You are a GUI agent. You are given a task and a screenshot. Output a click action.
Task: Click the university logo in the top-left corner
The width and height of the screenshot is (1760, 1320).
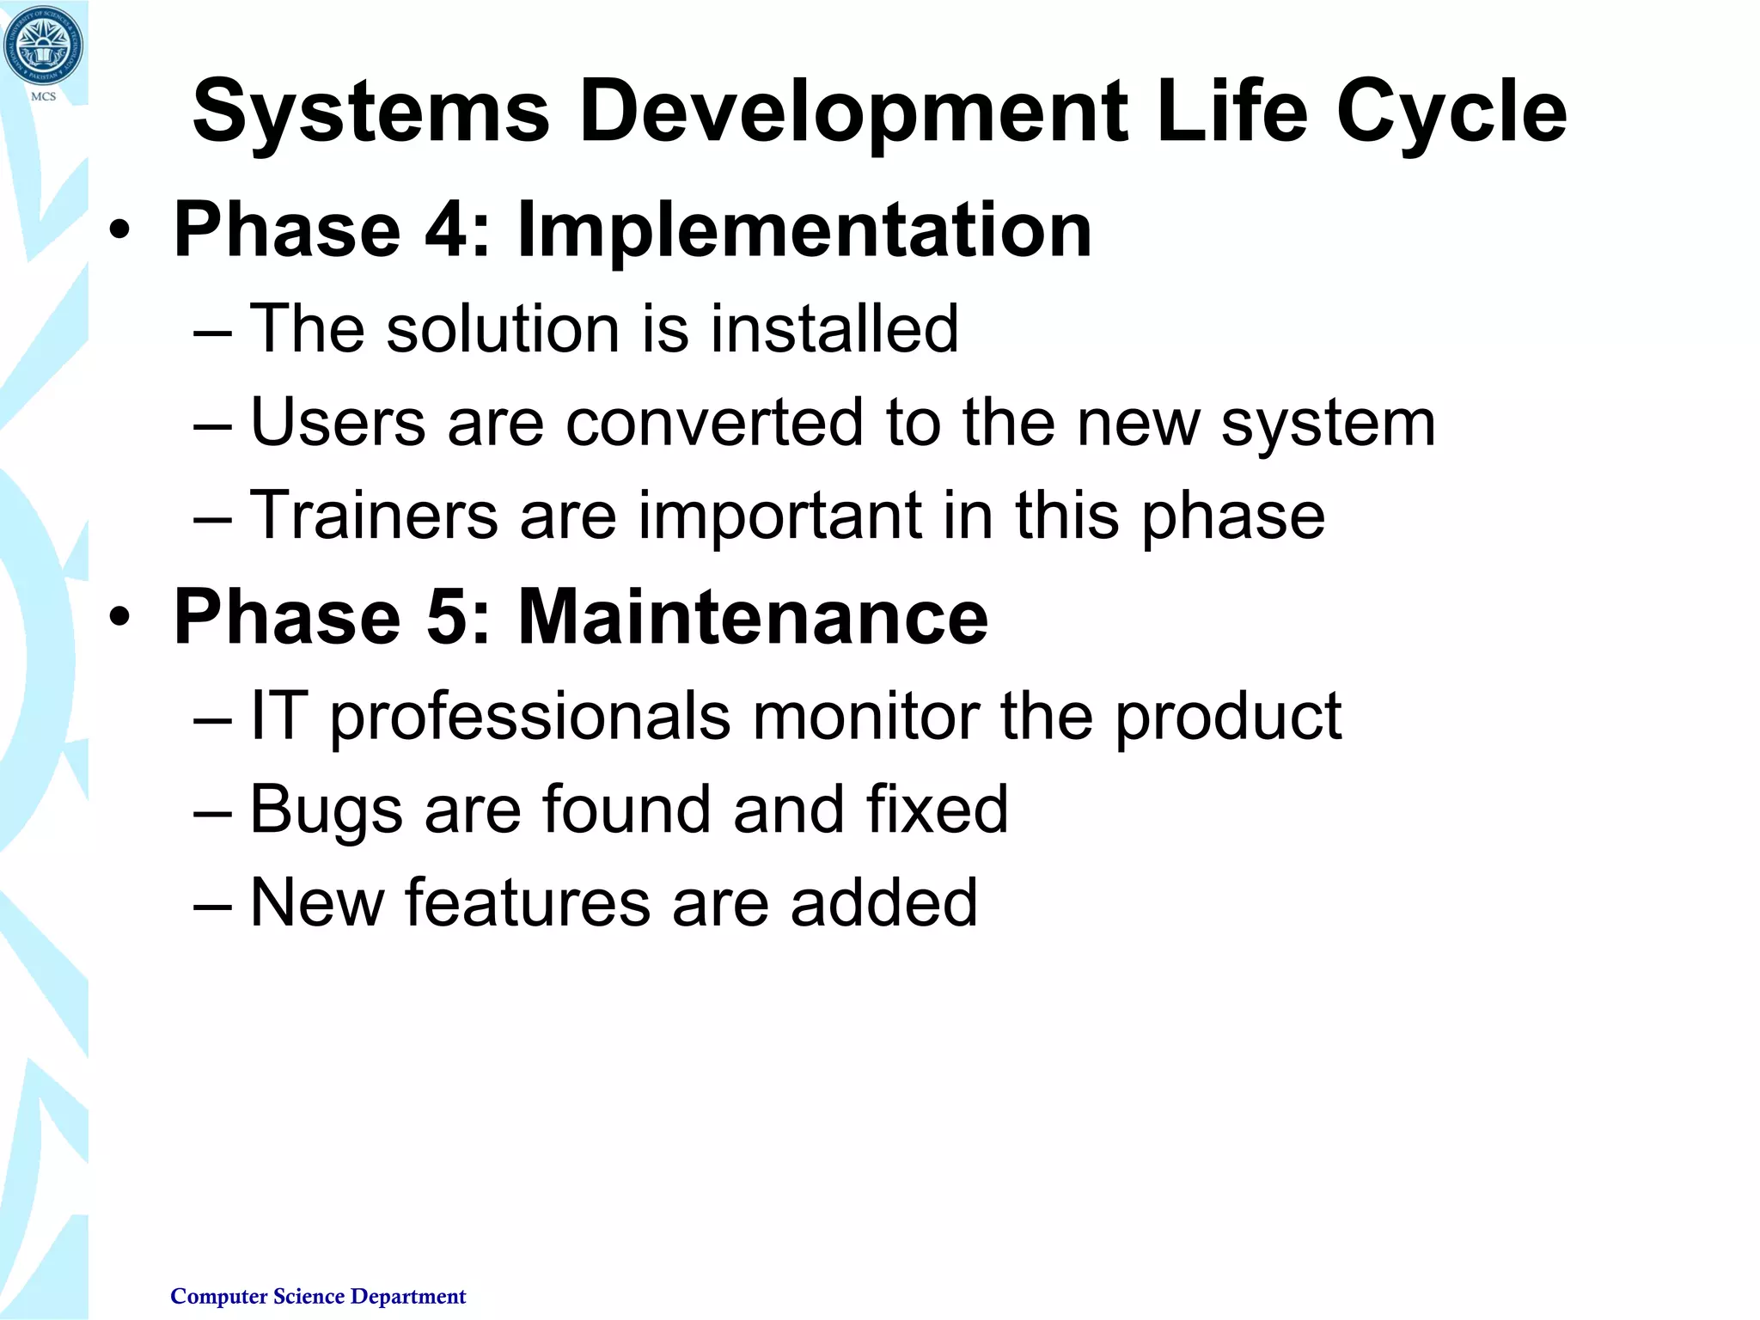tap(43, 45)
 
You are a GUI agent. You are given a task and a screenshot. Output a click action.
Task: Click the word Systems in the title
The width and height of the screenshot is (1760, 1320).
tap(370, 112)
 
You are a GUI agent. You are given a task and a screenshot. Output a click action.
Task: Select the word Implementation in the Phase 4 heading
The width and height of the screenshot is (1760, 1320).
tap(804, 230)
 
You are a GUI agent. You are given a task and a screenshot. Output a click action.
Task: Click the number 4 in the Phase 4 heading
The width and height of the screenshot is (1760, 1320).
tap(447, 230)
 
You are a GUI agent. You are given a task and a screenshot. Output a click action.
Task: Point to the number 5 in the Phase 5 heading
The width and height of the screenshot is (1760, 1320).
tap(447, 616)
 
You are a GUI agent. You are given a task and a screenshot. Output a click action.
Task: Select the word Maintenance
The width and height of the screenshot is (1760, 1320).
tap(753, 616)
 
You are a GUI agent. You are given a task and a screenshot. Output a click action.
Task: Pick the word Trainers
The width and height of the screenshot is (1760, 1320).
tap(374, 515)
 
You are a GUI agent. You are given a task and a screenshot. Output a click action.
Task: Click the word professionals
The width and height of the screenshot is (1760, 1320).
tap(529, 716)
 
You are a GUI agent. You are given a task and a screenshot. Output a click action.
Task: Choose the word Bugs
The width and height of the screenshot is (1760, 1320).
tap(326, 810)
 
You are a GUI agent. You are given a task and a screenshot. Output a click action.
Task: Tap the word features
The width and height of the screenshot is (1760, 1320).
tap(528, 902)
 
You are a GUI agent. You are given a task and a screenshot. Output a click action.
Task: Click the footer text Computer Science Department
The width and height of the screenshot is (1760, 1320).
tap(318, 1296)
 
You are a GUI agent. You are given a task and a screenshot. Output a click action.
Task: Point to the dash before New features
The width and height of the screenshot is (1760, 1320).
tap(212, 905)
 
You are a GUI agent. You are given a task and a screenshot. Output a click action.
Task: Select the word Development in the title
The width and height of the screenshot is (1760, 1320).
tap(852, 112)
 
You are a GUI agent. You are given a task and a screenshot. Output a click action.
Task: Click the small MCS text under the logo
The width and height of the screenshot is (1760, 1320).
tap(43, 96)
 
